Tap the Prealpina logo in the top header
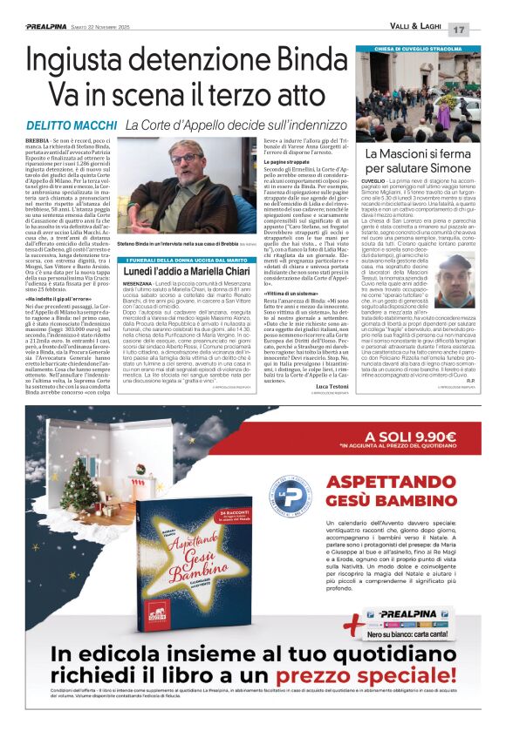coord(38,27)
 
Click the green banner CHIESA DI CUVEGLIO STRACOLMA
coord(418,50)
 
